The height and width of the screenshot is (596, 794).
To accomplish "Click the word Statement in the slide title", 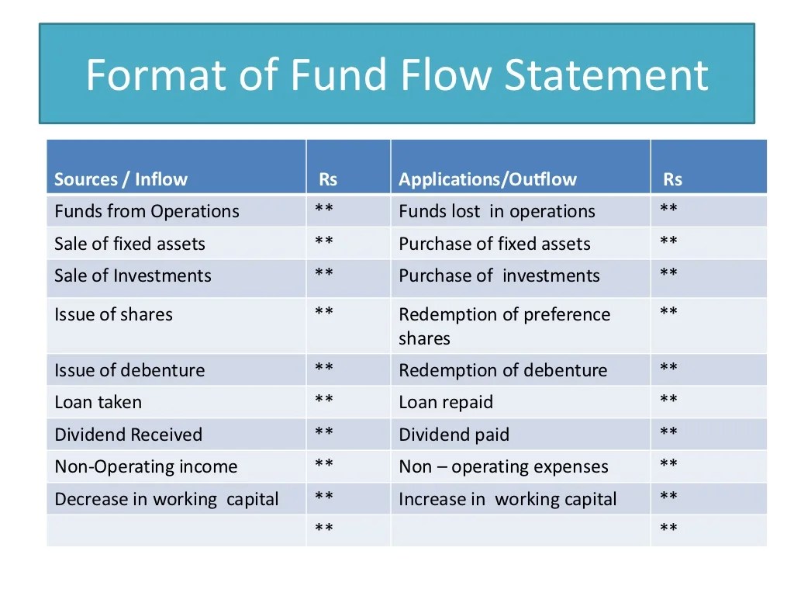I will point(606,75).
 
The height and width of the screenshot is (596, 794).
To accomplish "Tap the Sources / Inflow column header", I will point(121,180).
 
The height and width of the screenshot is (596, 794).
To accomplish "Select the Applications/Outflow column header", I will point(488,180).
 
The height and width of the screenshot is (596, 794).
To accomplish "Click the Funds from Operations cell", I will point(147,211).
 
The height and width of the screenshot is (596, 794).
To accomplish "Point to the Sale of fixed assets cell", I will point(129,244).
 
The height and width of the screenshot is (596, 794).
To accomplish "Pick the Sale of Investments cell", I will point(133,275).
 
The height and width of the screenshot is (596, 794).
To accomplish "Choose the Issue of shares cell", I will point(113,314).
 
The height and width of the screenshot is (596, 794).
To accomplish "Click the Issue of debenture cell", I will point(129,370).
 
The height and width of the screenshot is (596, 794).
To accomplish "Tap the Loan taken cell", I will point(98,402).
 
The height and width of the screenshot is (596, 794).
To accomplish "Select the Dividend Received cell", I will point(128,435).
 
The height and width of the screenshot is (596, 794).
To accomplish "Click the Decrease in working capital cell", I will point(166,499).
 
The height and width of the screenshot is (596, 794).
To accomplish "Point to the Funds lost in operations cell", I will point(497,211).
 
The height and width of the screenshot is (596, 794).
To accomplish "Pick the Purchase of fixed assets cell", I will point(495,244).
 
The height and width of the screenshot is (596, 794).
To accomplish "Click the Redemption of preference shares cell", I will point(504,326).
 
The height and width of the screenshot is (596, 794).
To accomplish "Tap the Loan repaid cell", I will point(446,402).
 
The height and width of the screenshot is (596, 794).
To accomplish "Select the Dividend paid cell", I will point(454,435).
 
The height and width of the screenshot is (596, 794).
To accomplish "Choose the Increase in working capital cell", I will point(508,499).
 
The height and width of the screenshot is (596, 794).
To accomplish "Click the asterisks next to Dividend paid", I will point(668,432).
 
